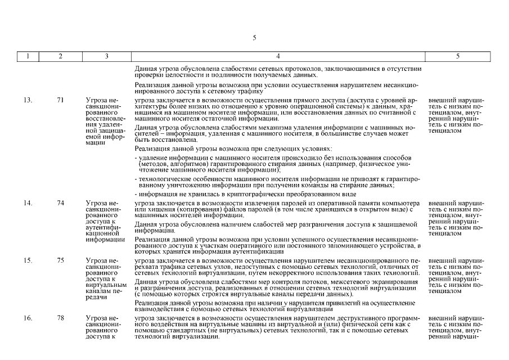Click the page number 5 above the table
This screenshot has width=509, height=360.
(x=254, y=38)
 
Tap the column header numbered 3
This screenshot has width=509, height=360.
(x=106, y=56)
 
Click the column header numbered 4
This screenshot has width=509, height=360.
(x=277, y=56)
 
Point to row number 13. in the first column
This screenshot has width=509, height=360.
(x=28, y=100)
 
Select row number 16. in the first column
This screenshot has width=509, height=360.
(x=28, y=318)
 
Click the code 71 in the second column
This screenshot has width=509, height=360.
(x=61, y=100)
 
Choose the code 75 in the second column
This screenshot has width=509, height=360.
(x=61, y=260)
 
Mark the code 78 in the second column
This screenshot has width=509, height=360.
(x=61, y=318)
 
